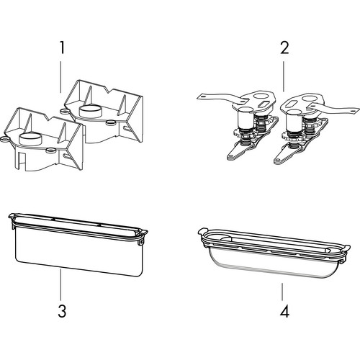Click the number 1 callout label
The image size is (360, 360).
point(62,48)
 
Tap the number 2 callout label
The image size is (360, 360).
point(284,48)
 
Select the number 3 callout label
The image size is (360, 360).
point(62,311)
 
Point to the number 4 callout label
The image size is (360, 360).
point(284,311)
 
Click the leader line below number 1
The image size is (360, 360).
point(60,77)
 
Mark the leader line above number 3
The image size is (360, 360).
point(60,284)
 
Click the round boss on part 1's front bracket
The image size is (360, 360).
point(30,139)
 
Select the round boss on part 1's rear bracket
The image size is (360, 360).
point(91,111)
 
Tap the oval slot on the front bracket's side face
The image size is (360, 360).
point(66,156)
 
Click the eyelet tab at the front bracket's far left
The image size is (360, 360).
point(4,139)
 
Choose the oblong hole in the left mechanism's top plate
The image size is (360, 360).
point(264,104)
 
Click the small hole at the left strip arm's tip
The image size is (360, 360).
point(203,96)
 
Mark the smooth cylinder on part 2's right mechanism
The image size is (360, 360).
point(294,120)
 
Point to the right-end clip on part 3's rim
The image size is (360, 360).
point(143,237)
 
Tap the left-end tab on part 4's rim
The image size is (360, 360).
point(202,231)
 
